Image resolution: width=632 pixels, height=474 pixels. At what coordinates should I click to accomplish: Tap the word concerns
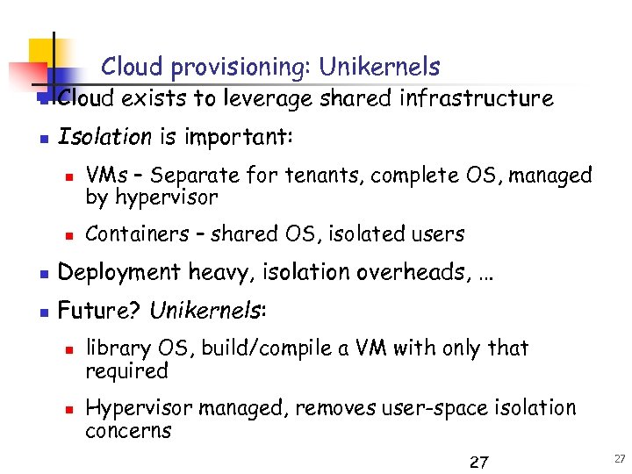[128, 431]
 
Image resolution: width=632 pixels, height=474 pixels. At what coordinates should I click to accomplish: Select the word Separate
[199, 176]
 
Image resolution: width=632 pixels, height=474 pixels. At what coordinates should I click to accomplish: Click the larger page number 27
[479, 462]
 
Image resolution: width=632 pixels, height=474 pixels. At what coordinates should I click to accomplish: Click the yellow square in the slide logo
[42, 54]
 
